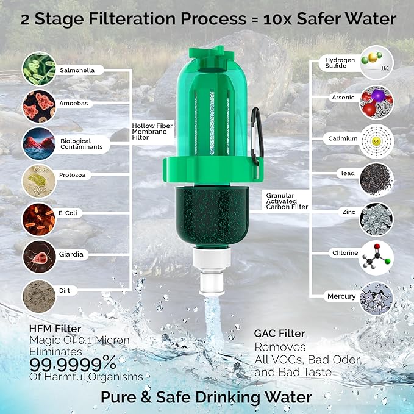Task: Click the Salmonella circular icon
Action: pos(39,68)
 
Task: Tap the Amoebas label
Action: pos(74,104)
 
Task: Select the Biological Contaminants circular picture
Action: pos(39,143)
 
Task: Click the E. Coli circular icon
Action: pos(39,219)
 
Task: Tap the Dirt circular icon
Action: pos(39,296)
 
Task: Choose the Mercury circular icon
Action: pos(376,298)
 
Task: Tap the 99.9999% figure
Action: pos(73,363)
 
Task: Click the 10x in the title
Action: pos(281,20)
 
